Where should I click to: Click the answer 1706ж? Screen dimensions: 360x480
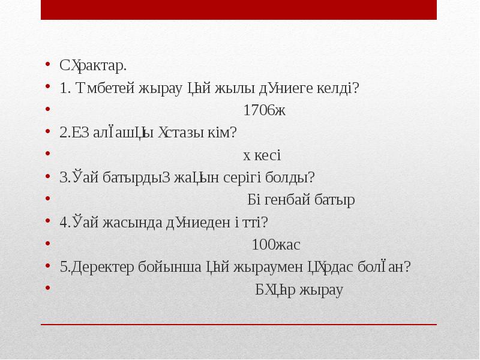265,110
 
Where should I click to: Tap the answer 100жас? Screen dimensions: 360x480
276,245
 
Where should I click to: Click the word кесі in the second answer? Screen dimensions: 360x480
267,155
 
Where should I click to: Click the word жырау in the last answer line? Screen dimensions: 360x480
323,290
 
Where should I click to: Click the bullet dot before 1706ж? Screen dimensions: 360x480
47,110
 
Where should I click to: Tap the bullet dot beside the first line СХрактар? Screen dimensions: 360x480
47,65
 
